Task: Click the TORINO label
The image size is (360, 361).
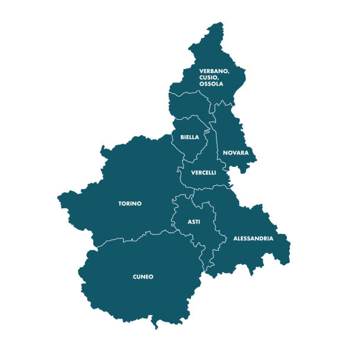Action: [130, 204]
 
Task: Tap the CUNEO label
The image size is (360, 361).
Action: [143, 276]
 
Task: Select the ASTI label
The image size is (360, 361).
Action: [194, 222]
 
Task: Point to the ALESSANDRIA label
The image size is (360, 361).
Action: [253, 238]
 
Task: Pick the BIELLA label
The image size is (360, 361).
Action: [189, 137]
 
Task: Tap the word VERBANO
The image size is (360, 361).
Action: [214, 71]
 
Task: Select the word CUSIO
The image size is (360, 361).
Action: [210, 77]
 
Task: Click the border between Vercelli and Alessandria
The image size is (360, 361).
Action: [212, 189]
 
